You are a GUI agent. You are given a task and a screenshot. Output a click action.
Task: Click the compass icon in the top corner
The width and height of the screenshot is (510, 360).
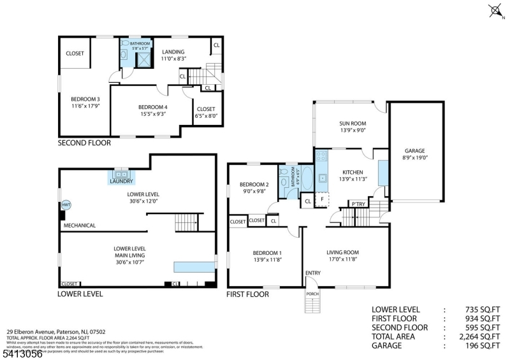click(496, 10)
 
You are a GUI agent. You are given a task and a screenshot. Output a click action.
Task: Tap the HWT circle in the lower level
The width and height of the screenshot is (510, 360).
click(66, 205)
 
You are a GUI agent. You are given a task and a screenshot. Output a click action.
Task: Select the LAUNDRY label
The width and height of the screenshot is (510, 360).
click(121, 181)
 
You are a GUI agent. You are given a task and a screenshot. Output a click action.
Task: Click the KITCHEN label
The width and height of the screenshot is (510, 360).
click(353, 172)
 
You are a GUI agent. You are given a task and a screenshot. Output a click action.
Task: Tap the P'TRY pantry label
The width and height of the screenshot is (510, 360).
click(358, 203)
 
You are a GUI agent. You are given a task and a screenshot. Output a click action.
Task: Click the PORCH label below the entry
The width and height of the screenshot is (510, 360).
click(312, 294)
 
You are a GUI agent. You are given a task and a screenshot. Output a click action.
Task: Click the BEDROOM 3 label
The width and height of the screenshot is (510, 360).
click(85, 99)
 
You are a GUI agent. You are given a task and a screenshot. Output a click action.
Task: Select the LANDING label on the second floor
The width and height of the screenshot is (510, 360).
click(173, 52)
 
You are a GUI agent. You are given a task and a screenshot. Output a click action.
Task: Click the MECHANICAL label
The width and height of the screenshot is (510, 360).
click(80, 225)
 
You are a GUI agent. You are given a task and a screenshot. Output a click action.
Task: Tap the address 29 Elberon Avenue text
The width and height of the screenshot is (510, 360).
click(45, 331)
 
